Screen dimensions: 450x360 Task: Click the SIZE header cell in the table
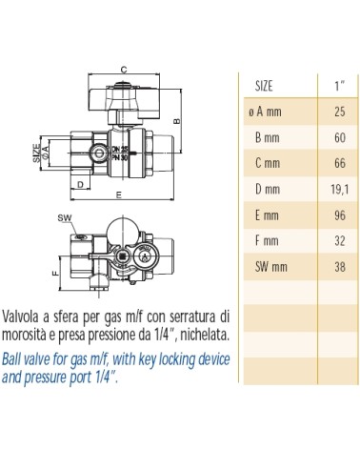point(271,86)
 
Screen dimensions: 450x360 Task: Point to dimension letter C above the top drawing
point(125,68)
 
